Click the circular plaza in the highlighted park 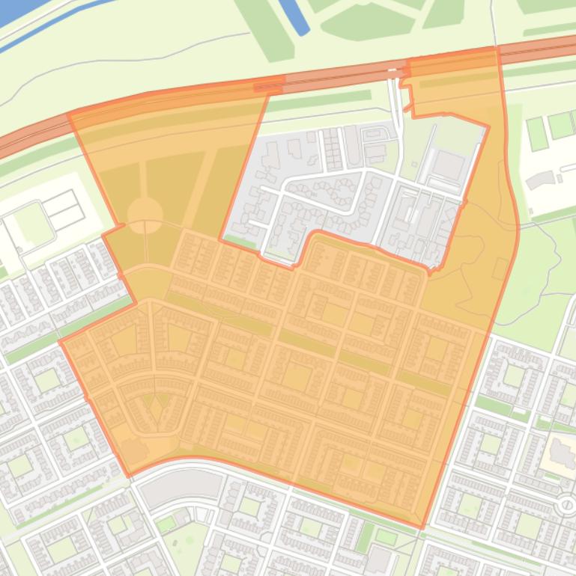[x=145, y=215]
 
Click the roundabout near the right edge [x=567, y=506]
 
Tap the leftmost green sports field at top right [x=536, y=133]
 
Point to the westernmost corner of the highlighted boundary [x=61, y=343]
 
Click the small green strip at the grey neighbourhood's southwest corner [x=240, y=242]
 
